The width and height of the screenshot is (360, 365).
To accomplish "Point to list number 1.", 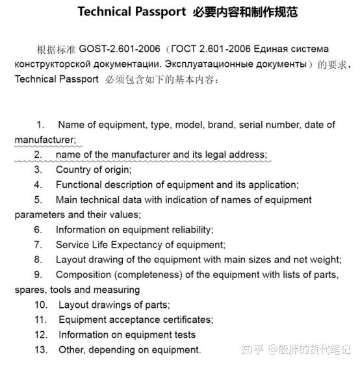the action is (40, 125).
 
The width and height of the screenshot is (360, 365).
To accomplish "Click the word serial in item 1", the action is (252, 125).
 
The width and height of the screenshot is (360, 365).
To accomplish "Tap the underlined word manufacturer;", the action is (45, 140).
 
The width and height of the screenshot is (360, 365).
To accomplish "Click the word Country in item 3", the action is (73, 170).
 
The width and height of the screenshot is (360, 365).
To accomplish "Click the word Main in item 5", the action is (67, 199).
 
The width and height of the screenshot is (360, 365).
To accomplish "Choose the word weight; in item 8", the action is (325, 260).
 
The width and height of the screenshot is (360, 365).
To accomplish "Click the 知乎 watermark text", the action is (254, 349).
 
